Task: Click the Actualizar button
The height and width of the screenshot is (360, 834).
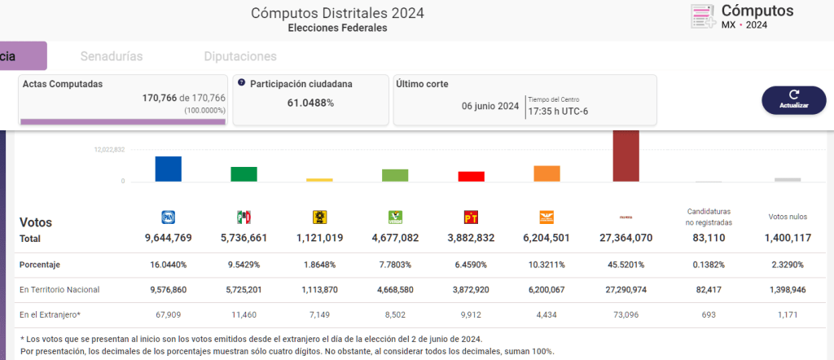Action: pyautogui.click(x=793, y=99)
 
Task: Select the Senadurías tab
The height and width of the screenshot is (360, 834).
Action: pyautogui.click(x=112, y=57)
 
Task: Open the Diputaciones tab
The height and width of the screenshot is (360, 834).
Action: pyautogui.click(x=239, y=57)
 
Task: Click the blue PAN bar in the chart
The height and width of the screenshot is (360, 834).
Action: pyautogui.click(x=169, y=169)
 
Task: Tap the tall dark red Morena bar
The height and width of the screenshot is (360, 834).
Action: pyautogui.click(x=626, y=156)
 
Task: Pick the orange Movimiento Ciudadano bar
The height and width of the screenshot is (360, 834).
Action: pyautogui.click(x=546, y=173)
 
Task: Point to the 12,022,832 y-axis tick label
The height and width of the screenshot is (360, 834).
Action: pyautogui.click(x=109, y=150)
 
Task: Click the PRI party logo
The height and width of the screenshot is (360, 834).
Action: pyautogui.click(x=244, y=217)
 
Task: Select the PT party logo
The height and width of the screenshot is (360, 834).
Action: pyautogui.click(x=471, y=217)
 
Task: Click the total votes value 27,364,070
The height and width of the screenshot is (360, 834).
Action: pyautogui.click(x=625, y=239)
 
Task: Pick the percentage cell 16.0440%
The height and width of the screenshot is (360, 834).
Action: pyautogui.click(x=168, y=265)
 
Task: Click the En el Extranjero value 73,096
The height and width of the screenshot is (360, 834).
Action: pyautogui.click(x=625, y=314)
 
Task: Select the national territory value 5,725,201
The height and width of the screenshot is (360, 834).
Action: pyautogui.click(x=244, y=289)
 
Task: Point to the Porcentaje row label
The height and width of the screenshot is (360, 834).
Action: pyautogui.click(x=40, y=265)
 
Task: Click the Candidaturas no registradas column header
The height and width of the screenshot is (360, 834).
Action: pyautogui.click(x=709, y=217)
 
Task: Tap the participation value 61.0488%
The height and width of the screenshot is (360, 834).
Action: pyautogui.click(x=310, y=103)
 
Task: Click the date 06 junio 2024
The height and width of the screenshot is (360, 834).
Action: pyautogui.click(x=490, y=106)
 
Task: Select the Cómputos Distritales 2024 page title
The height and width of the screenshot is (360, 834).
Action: pyautogui.click(x=337, y=13)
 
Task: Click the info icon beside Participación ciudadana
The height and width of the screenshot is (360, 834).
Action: pyautogui.click(x=241, y=83)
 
